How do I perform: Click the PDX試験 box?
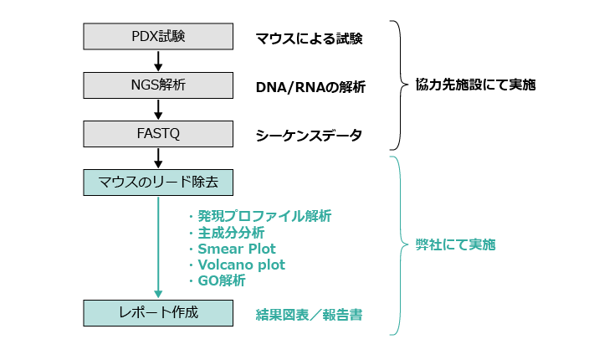point(158,37)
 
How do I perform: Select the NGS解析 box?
point(158,85)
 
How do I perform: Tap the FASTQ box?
point(158,134)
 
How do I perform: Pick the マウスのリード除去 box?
point(158,182)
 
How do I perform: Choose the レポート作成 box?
point(158,313)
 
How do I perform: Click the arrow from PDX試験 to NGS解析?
point(158,61)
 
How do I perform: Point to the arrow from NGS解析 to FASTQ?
point(158,110)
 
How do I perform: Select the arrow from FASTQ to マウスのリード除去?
point(158,157)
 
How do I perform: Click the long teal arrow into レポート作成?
point(158,247)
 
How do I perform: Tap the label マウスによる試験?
point(309,39)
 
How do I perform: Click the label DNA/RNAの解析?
point(310,87)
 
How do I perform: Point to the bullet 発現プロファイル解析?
point(264,217)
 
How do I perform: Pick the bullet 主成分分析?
point(230,233)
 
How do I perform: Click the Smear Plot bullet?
point(236,249)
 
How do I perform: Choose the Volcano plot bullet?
point(241,265)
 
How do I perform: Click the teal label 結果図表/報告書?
point(308,315)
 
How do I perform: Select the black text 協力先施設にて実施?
point(475,85)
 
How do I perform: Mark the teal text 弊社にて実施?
point(455,245)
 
